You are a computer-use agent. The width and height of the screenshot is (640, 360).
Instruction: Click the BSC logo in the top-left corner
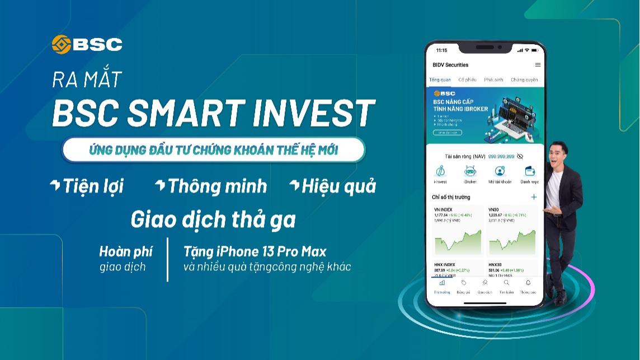click(x=87, y=44)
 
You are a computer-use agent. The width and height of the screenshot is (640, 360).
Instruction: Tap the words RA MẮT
click(x=87, y=80)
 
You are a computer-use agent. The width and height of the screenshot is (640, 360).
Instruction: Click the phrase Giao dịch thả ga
click(x=213, y=219)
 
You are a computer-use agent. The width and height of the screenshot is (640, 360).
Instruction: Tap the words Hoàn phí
click(x=126, y=251)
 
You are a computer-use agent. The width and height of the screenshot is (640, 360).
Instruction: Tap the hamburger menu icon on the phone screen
click(x=538, y=65)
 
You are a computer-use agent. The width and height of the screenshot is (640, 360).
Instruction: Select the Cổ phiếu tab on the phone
click(x=467, y=80)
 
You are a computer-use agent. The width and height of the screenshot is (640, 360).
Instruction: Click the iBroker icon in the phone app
click(x=470, y=171)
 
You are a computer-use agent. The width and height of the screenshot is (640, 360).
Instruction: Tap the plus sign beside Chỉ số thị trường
click(x=534, y=197)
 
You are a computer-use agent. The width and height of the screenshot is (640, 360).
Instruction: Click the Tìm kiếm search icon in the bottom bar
click(x=506, y=283)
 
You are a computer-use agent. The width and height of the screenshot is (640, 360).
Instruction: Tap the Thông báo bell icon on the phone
click(x=528, y=283)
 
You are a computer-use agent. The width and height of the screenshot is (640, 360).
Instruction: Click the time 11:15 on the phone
click(x=442, y=50)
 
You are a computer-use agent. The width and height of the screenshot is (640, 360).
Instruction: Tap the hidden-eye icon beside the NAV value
click(x=520, y=156)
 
